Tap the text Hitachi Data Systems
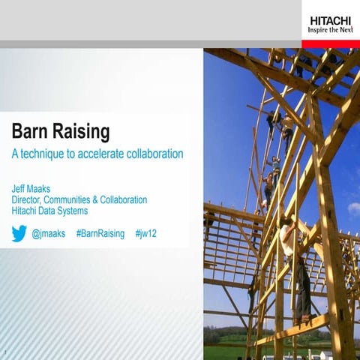[49, 211]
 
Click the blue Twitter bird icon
[19, 233]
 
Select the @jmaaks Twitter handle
[49, 234]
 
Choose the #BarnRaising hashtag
[100, 234]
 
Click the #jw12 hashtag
[145, 234]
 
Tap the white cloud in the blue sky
[353, 208]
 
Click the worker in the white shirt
[287, 238]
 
